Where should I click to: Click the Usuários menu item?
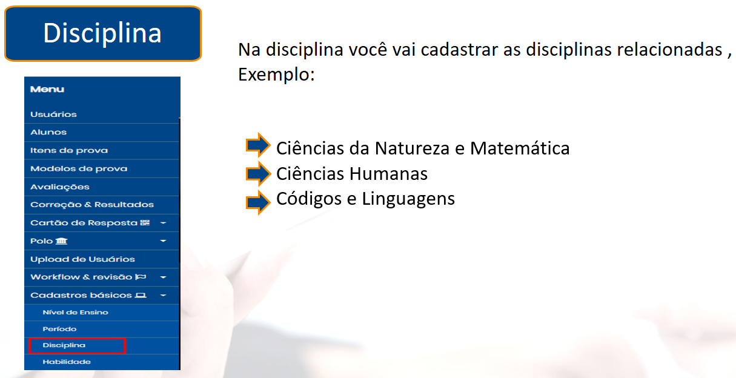pyautogui.click(x=53, y=114)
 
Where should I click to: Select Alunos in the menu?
pyautogui.click(x=48, y=132)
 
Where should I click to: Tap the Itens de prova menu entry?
pyautogui.click(x=69, y=151)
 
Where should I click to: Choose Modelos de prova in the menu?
pyautogui.click(x=79, y=168)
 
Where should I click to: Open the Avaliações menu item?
pyautogui.click(x=60, y=187)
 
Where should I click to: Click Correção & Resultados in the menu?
pyautogui.click(x=92, y=205)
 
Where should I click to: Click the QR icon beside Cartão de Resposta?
pyautogui.click(x=145, y=223)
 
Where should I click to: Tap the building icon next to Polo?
pyautogui.click(x=61, y=241)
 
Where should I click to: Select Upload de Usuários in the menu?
pyautogui.click(x=82, y=259)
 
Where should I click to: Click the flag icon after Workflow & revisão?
pyautogui.click(x=141, y=277)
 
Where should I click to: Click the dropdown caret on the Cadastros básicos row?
pyautogui.click(x=163, y=296)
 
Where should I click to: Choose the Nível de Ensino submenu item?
pyautogui.click(x=75, y=312)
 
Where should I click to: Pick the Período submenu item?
pyautogui.click(x=59, y=329)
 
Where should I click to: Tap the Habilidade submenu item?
pyautogui.click(x=67, y=362)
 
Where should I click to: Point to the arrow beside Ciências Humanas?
pyautogui.click(x=258, y=174)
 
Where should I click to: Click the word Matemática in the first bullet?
pyautogui.click(x=520, y=148)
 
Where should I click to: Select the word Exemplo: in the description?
pyautogui.click(x=276, y=75)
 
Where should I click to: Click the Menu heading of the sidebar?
pyautogui.click(x=47, y=90)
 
